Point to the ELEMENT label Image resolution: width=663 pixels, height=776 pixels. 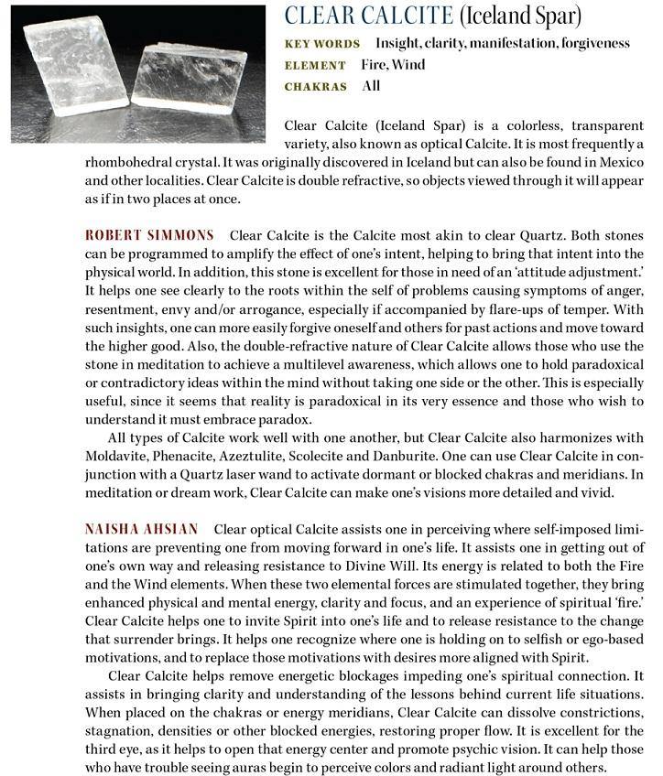pos(316,65)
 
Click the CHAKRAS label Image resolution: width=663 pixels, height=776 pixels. pos(317,87)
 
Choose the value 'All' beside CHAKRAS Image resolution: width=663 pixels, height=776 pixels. pos(370,87)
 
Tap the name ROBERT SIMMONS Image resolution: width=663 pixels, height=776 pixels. pos(151,235)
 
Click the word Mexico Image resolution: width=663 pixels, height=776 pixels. pos(624,163)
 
